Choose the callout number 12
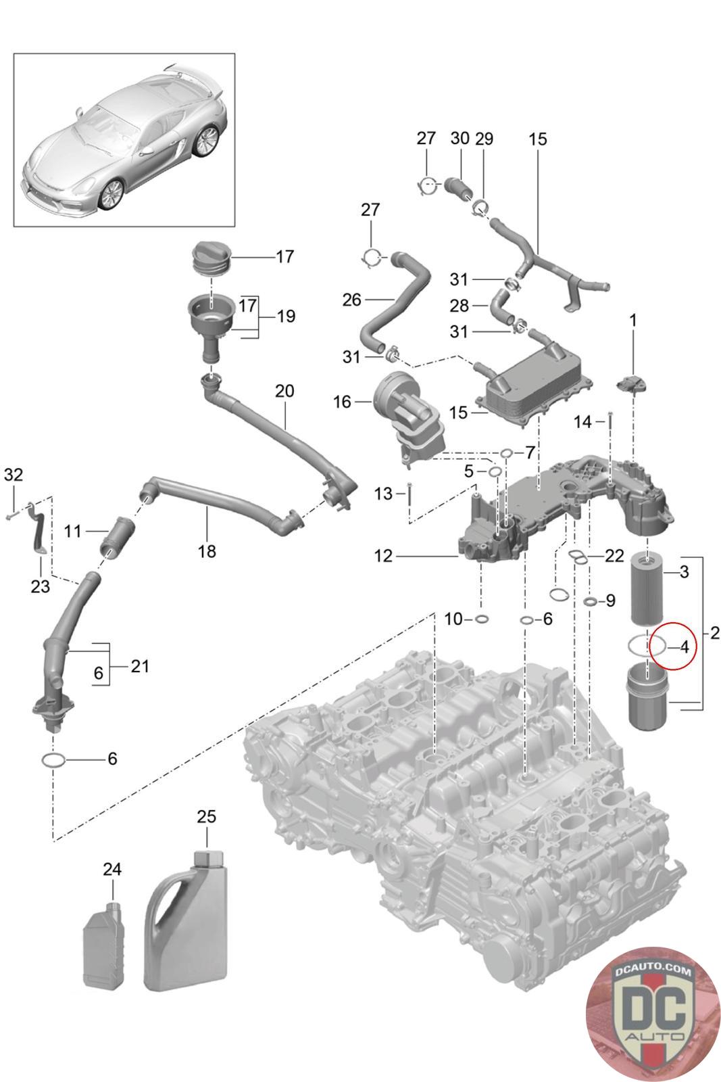pyautogui.click(x=383, y=556)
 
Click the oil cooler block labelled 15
pyautogui.click(x=534, y=382)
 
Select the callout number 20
pyautogui.click(x=284, y=390)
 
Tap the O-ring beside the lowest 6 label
pyautogui.click(x=53, y=761)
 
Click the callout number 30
pyautogui.click(x=459, y=139)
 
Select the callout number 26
pyautogui.click(x=352, y=299)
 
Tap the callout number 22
pyautogui.click(x=614, y=556)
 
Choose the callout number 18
pyautogui.click(x=207, y=551)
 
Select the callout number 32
pyautogui.click(x=13, y=474)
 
